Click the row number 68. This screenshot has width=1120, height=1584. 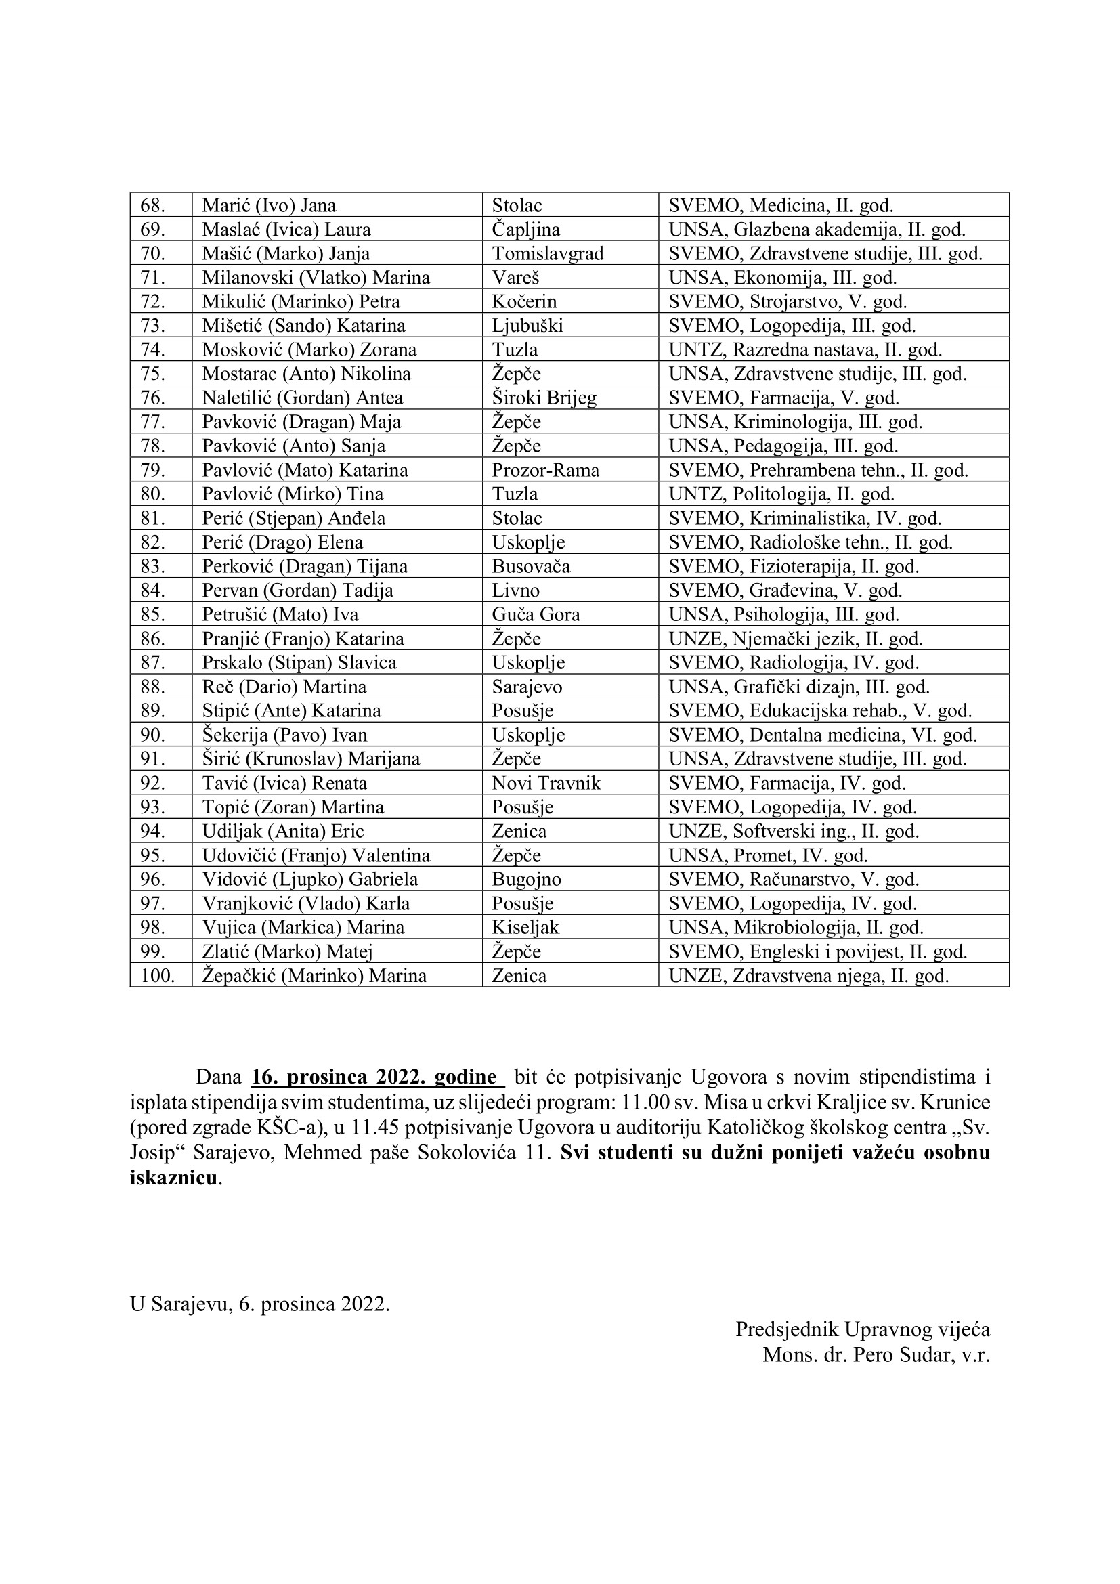pos(152,206)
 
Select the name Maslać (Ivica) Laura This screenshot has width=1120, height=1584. pos(286,230)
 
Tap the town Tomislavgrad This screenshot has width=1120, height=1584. pos(548,254)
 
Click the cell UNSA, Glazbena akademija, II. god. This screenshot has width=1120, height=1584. pos(817,230)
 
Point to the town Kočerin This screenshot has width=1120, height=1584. pos(524,302)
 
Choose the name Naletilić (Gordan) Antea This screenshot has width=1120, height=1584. pos(302,398)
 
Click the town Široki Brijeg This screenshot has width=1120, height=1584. pos(544,398)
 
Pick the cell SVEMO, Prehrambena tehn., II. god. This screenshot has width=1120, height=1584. pos(818,471)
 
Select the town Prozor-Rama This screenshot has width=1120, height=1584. pos(546,471)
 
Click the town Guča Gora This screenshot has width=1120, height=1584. pos(536,615)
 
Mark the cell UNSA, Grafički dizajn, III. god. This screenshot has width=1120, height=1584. pos(798,687)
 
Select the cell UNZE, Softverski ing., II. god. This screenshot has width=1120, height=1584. pos(793,832)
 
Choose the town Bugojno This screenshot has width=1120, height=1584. pos(526,880)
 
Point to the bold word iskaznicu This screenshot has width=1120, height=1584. pos(174,1178)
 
